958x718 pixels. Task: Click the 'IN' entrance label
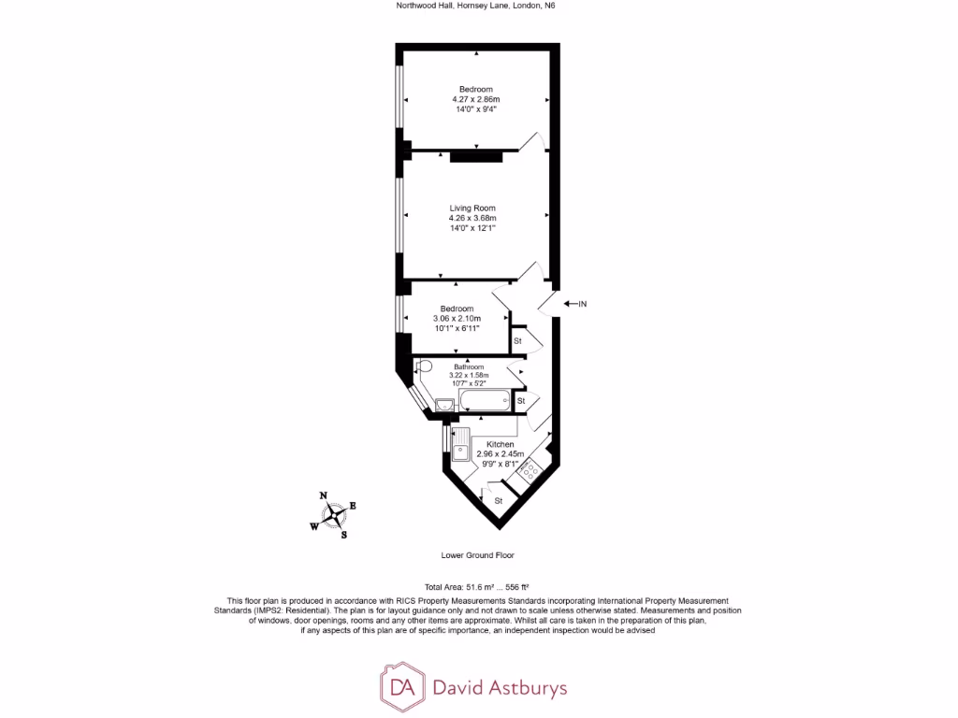582,304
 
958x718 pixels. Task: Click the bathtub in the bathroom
486,402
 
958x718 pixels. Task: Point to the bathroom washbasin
445,403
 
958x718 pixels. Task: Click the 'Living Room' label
472,208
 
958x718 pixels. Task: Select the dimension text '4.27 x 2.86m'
475,99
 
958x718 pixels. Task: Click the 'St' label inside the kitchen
499,501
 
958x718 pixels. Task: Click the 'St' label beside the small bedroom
517,342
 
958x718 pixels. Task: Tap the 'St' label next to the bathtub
521,400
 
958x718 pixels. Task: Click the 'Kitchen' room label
500,444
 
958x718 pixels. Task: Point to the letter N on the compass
324,495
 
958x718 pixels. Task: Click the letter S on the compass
343,535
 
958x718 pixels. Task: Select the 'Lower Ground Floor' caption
478,554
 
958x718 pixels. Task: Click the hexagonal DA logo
401,688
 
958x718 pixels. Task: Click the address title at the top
478,6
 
